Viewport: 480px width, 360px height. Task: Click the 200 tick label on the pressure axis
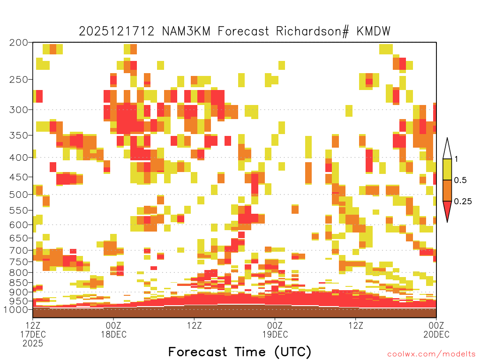click(x=19, y=43)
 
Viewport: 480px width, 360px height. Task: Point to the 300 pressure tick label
click(x=19, y=110)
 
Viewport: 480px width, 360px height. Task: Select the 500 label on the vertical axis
click(x=19, y=195)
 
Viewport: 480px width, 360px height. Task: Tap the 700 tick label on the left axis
click(x=19, y=250)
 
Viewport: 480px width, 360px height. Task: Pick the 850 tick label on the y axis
click(x=19, y=283)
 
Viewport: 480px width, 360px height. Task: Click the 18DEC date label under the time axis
click(x=113, y=334)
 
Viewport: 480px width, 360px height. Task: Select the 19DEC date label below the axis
click(x=275, y=334)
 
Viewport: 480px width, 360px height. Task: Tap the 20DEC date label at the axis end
click(x=436, y=334)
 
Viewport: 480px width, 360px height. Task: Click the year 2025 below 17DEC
click(x=33, y=344)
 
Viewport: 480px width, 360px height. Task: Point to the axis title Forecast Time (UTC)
click(x=240, y=352)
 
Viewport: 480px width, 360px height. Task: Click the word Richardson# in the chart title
click(x=312, y=31)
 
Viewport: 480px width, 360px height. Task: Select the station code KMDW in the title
click(x=374, y=31)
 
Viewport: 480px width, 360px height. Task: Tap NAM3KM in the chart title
click(x=186, y=31)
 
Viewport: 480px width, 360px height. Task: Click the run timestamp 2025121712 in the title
click(x=117, y=31)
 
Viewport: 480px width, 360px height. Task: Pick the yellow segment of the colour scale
click(x=447, y=169)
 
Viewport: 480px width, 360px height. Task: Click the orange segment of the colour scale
click(x=447, y=190)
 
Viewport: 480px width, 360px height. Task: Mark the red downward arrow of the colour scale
click(x=447, y=210)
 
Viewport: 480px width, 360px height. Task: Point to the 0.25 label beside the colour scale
click(x=463, y=202)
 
